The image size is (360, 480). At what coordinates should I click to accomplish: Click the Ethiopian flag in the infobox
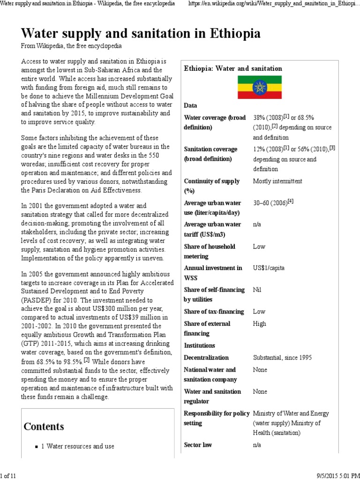pyautogui.click(x=259, y=87)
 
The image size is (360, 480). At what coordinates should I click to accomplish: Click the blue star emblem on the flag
pyautogui.click(x=259, y=87)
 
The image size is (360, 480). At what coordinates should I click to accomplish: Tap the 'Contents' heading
pyautogui.click(x=44, y=426)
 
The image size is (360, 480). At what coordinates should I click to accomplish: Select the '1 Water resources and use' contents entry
pyautogui.click(x=80, y=446)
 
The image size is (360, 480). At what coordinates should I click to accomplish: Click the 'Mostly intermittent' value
pyautogui.click(x=277, y=181)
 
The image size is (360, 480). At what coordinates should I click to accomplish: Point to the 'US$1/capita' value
pyautogui.click(x=269, y=268)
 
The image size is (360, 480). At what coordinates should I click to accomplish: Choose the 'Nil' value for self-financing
pyautogui.click(x=257, y=290)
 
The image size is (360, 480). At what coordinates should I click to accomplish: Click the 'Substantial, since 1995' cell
pyautogui.click(x=282, y=358)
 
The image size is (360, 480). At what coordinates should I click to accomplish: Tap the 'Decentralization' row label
pyautogui.click(x=207, y=358)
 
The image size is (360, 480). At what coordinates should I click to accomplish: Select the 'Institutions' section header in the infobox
pyautogui.click(x=200, y=345)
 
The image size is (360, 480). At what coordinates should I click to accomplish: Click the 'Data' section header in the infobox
pyautogui.click(x=191, y=105)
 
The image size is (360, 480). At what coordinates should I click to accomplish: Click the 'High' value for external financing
pyautogui.click(x=259, y=323)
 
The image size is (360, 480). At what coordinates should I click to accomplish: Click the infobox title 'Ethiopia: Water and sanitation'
pyautogui.click(x=233, y=68)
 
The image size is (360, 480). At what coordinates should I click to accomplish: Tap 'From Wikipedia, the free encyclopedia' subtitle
pyautogui.click(x=71, y=46)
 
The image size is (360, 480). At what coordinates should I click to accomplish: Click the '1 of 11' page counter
pyautogui.click(x=8, y=476)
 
